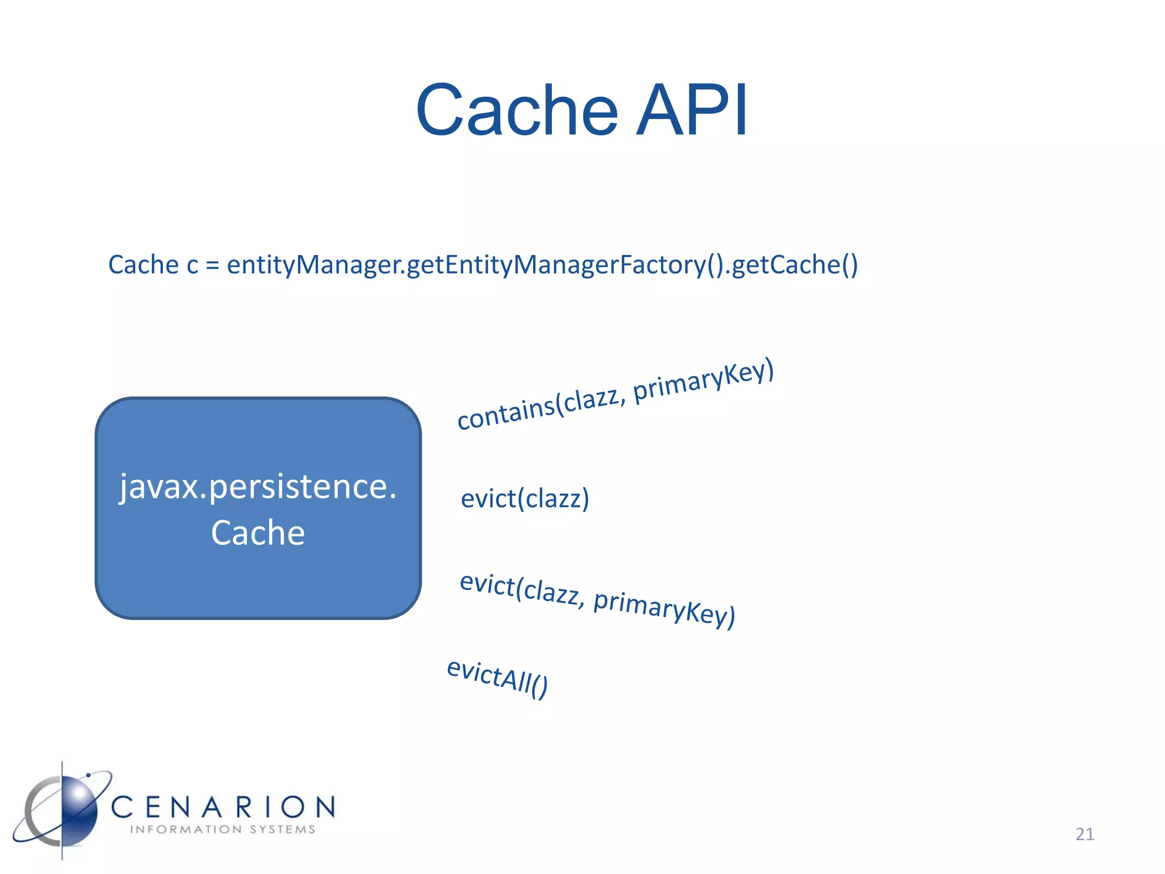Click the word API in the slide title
coord(692,110)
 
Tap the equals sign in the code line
coord(212,265)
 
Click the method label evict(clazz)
coord(524,498)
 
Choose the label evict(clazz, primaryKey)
coord(597,600)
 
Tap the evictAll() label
coord(497,678)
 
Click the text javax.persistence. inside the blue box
coord(258,487)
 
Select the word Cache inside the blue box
coord(258,533)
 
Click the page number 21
coord(1084,834)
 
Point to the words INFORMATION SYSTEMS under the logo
coord(222,830)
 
